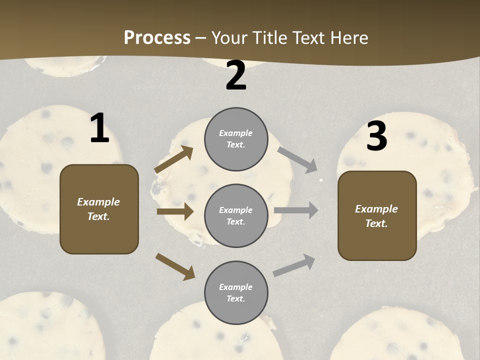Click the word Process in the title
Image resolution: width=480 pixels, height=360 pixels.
coord(157,38)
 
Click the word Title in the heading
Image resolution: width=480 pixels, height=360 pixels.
coord(271,38)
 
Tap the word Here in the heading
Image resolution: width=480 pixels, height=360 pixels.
coord(349,38)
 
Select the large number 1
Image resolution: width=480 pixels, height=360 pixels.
coord(99,128)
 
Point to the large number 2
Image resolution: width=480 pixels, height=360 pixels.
coord(236,76)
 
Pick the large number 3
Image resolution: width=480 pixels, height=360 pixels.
coord(376,136)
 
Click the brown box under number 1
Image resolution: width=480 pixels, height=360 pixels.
coord(99,209)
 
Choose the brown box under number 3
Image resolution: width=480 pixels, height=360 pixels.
coord(377,216)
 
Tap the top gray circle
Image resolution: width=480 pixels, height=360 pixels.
coord(236,139)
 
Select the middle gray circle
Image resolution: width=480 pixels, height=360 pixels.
coord(236,216)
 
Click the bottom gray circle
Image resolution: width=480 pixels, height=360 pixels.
coord(236,293)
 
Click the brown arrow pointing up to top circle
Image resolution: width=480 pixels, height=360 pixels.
coord(174,159)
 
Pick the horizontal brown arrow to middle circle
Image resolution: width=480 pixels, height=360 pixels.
coord(175,211)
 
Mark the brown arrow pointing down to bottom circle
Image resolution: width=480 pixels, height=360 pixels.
coord(175,266)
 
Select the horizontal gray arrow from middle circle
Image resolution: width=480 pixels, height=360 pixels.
coord(296,210)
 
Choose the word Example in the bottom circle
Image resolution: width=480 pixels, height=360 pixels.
coord(235,287)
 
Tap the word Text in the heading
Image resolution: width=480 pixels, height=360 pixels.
coord(312,38)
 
